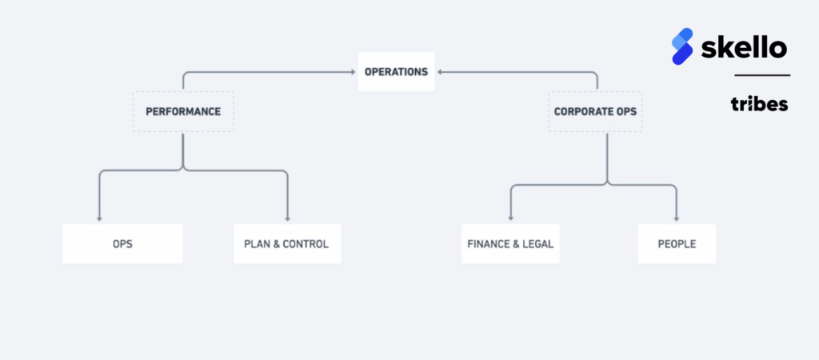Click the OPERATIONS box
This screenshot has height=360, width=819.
point(396,71)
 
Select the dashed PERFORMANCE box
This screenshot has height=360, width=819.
point(183,112)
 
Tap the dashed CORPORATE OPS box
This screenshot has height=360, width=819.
point(595,112)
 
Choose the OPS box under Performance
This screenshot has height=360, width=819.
point(122,244)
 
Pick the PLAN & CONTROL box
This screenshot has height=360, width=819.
point(287,244)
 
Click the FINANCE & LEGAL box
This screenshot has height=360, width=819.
point(510,244)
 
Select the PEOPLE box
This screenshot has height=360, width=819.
point(677,244)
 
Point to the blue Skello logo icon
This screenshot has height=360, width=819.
point(682,46)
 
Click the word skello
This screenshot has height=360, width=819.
point(744,48)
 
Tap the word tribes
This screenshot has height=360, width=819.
point(760,104)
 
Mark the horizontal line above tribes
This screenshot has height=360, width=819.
point(762,75)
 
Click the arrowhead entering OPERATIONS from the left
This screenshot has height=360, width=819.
point(354,72)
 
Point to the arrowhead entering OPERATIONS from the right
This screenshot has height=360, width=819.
point(439,72)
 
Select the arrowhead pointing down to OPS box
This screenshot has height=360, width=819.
point(99,219)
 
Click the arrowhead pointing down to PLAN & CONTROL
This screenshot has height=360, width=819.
point(287,219)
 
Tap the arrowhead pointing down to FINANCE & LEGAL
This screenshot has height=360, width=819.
point(510,218)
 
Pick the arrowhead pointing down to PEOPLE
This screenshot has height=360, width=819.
point(677,218)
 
